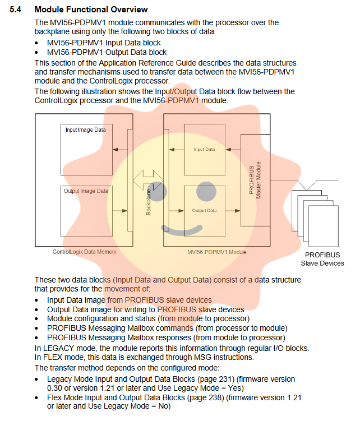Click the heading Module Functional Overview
[x=91, y=10]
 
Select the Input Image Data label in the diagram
[x=85, y=129]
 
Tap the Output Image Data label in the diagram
[x=86, y=191]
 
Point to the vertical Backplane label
[x=149, y=202]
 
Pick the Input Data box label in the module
[x=204, y=149]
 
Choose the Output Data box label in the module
[x=204, y=210]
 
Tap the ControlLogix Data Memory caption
[x=85, y=252]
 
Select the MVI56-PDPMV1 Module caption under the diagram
[x=217, y=252]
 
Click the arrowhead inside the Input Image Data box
[x=114, y=149]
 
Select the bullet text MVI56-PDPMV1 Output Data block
[x=107, y=52]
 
